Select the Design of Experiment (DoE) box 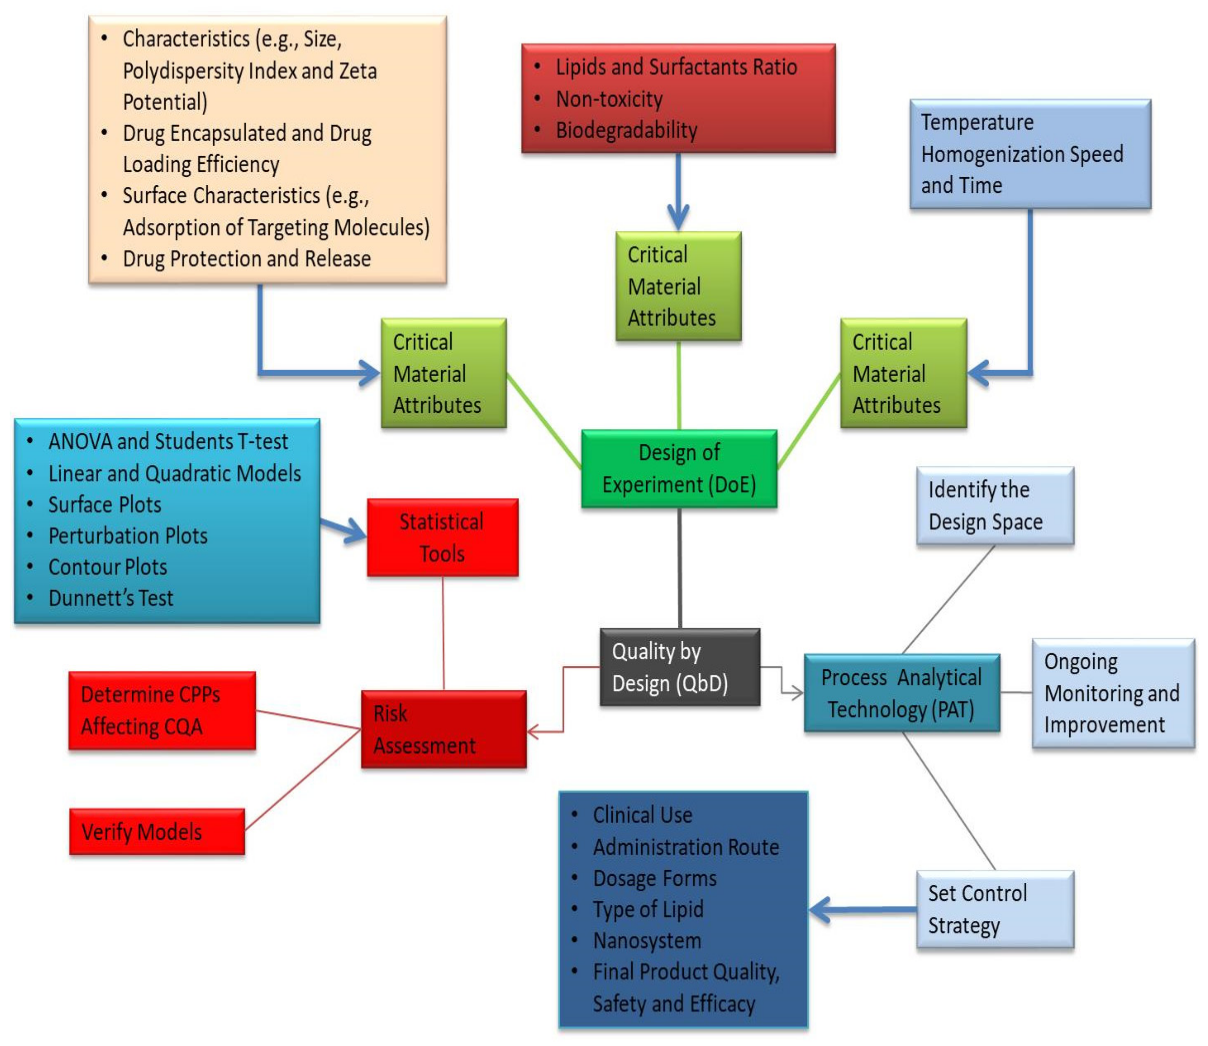tap(679, 468)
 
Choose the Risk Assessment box tap(444, 729)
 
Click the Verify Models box tap(157, 831)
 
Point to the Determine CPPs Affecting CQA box tap(162, 710)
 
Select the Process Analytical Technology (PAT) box tap(902, 693)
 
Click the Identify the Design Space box tap(995, 506)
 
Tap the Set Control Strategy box tap(995, 909)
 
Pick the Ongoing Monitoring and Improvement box tap(1113, 693)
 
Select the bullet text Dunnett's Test tap(111, 598)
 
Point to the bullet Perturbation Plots tap(128, 535)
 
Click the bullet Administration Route tap(686, 846)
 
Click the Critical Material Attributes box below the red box tap(678, 286)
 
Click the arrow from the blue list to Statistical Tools tap(345, 528)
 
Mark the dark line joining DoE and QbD tap(680, 567)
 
